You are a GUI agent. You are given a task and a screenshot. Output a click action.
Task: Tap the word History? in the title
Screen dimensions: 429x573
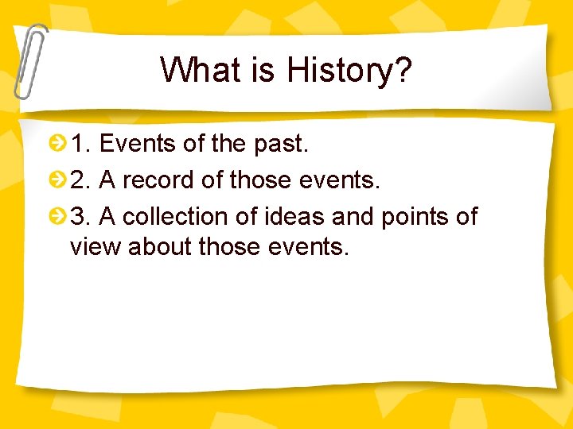[349, 71]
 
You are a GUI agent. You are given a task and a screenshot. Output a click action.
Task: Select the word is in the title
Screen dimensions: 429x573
[264, 70]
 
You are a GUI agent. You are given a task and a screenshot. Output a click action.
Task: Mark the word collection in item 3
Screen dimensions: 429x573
[180, 216]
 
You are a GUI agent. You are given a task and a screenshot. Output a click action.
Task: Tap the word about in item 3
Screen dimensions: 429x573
[160, 247]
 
